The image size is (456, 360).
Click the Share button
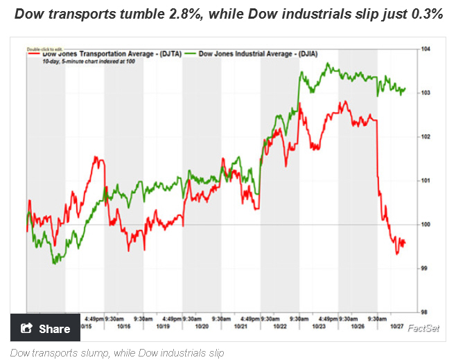point(46,328)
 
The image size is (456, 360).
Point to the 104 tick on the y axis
point(426,48)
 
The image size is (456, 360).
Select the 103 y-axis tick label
point(426,92)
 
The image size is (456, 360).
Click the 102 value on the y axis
point(426,136)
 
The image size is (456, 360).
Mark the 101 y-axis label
point(426,180)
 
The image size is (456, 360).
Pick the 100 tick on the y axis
point(426,224)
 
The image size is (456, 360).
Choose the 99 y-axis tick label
point(425,268)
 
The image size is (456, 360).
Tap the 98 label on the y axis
point(425,312)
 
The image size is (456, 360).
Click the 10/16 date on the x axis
point(125,326)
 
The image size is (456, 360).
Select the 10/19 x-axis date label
point(164,326)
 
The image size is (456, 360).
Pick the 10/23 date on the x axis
point(319,326)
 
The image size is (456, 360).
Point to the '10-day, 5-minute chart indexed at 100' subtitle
point(78,62)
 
